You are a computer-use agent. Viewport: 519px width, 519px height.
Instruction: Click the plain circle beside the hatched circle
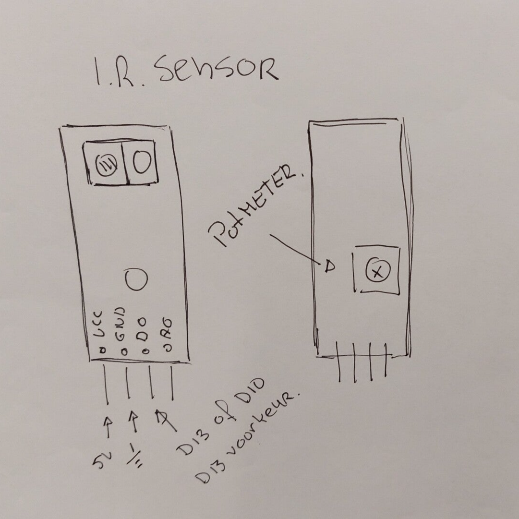(x=141, y=163)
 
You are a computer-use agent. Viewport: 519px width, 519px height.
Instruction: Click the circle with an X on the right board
(x=376, y=273)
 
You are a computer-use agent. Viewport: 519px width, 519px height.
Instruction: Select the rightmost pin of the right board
(x=385, y=365)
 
